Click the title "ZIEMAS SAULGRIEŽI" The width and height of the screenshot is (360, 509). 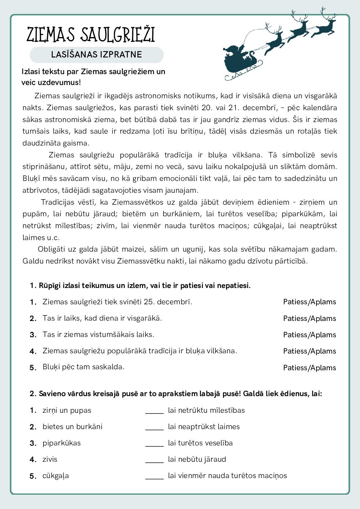coord(90,35)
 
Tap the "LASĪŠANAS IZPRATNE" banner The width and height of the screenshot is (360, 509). coord(97,55)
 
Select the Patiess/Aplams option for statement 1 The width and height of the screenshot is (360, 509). coord(309,302)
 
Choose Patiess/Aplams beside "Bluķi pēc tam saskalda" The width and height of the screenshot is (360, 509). coord(309,368)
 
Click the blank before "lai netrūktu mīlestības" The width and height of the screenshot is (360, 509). coord(154,411)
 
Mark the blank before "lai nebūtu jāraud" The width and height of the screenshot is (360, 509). coord(154,460)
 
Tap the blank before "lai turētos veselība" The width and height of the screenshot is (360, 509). coord(154,443)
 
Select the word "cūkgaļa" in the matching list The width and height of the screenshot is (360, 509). coord(55,476)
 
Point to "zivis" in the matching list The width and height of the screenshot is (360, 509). coord(50,459)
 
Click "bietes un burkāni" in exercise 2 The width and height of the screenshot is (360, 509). coord(72,427)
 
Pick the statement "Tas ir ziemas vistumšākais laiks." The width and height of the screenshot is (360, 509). coord(98,335)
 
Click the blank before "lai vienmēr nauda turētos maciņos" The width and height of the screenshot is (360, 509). coord(154,476)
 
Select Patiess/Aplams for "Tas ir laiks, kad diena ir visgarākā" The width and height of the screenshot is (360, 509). coord(309,319)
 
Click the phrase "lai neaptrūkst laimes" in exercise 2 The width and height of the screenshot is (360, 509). coord(204,427)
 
